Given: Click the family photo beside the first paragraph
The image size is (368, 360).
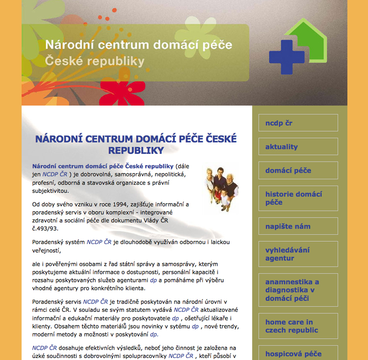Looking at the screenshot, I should [222, 188].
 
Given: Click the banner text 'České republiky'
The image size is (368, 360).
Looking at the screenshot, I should [95, 61].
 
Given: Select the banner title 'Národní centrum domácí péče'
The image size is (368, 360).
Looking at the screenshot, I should [138, 45].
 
